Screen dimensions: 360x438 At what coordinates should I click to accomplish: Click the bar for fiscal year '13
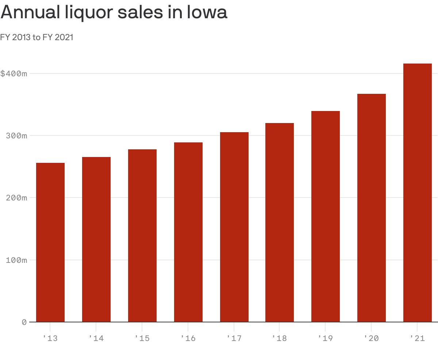(x=50, y=242)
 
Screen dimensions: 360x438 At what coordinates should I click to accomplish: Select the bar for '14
(x=96, y=240)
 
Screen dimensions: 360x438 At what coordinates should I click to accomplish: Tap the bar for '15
(x=142, y=235)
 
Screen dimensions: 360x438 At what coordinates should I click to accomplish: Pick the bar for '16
(x=188, y=232)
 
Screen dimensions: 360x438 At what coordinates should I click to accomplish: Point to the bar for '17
(x=234, y=227)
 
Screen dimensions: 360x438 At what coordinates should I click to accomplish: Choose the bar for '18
(x=280, y=222)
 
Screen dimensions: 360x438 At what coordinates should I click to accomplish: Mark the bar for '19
(x=326, y=217)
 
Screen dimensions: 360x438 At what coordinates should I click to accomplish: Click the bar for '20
(x=372, y=208)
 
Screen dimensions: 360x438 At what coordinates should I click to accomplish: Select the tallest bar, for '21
(x=418, y=193)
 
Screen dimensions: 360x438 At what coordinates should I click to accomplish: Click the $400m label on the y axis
(x=14, y=74)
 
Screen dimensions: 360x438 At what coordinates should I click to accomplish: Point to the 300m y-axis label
(x=17, y=136)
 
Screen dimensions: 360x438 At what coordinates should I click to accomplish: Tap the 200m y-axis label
(x=17, y=198)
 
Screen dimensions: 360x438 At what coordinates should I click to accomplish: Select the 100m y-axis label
(x=17, y=260)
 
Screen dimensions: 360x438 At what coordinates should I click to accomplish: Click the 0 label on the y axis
(x=24, y=322)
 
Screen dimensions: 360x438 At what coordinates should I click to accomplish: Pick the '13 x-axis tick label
(x=50, y=338)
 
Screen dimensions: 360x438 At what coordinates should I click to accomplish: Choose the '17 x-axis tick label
(x=234, y=338)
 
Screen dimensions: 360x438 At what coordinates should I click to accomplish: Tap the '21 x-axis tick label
(x=417, y=338)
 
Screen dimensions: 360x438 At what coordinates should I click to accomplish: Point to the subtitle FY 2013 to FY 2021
(x=37, y=37)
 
